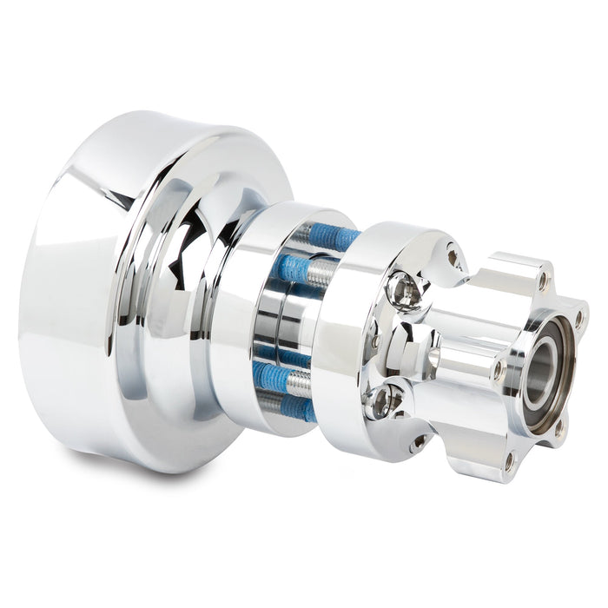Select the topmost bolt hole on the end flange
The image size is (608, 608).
click(x=542, y=281)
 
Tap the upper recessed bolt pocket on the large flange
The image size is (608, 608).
click(x=405, y=290)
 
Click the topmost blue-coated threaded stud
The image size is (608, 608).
click(x=334, y=237)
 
